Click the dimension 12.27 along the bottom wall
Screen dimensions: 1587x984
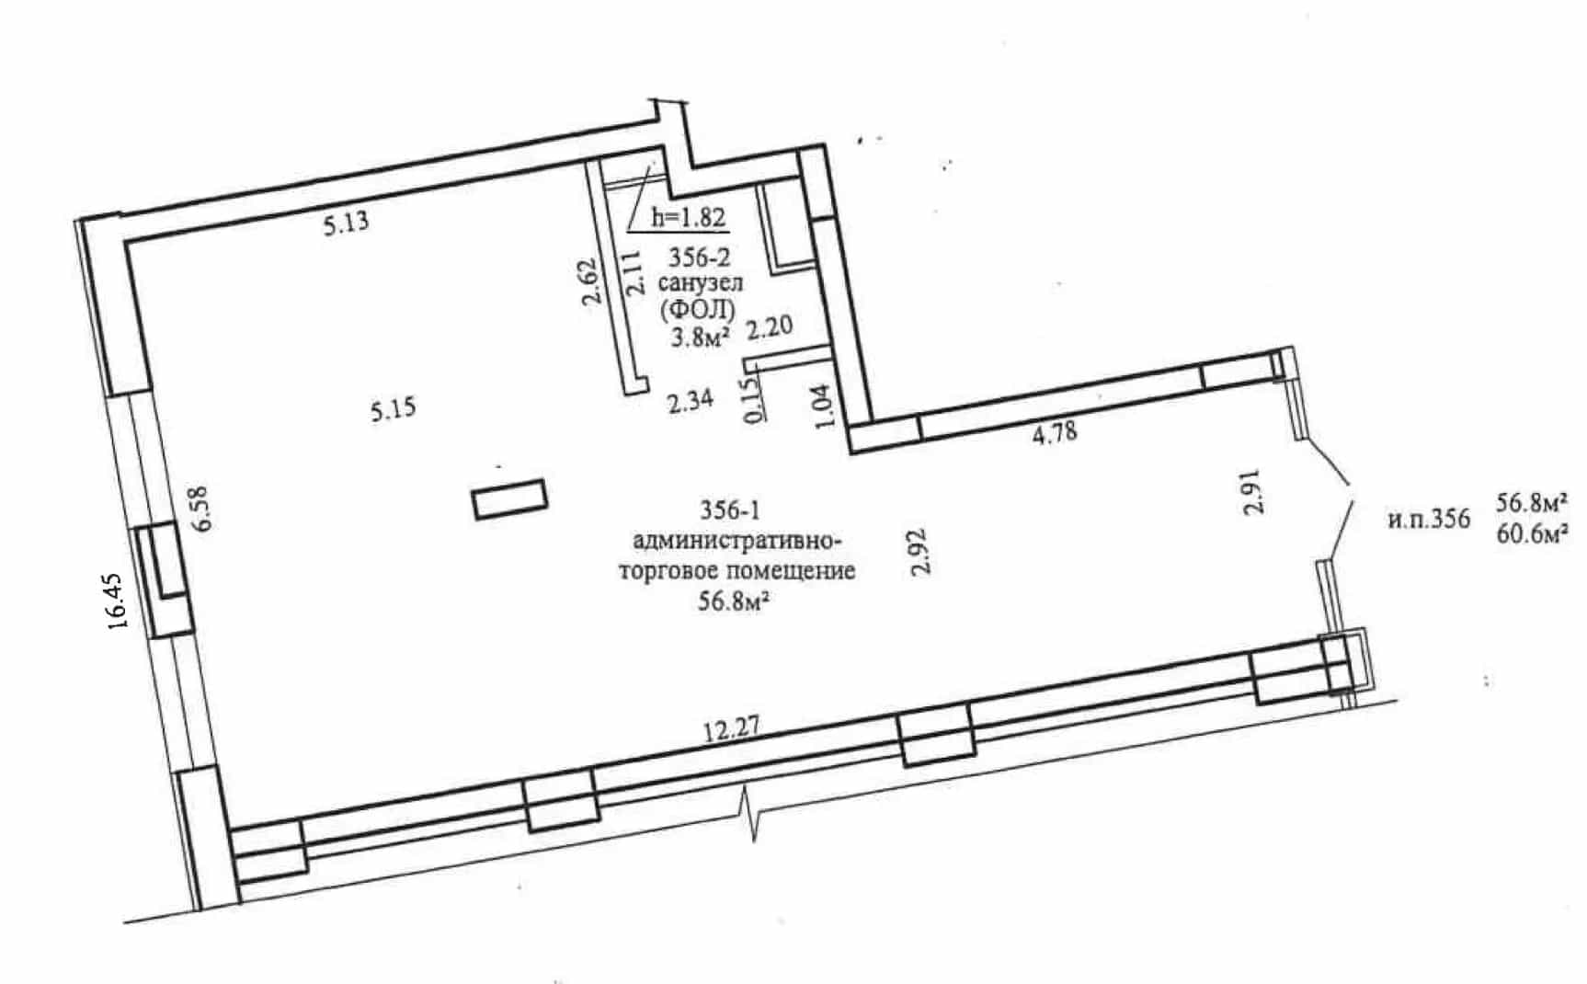[x=732, y=732]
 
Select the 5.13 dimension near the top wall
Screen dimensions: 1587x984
[x=346, y=222]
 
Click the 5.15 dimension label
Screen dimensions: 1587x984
[x=394, y=408]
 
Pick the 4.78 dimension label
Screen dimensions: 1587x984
[x=1055, y=432]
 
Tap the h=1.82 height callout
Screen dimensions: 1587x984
[x=689, y=217]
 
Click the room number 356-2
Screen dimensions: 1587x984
[x=700, y=260]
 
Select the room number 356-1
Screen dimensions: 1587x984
[x=730, y=509]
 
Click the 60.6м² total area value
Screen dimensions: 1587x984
[x=1531, y=535]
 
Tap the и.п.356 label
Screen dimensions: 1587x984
[x=1428, y=520]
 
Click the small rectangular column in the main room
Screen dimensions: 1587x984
[x=509, y=499]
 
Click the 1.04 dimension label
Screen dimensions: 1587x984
[x=824, y=406]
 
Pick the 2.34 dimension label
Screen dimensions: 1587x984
[x=691, y=402]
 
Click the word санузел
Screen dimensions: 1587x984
[x=701, y=284]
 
